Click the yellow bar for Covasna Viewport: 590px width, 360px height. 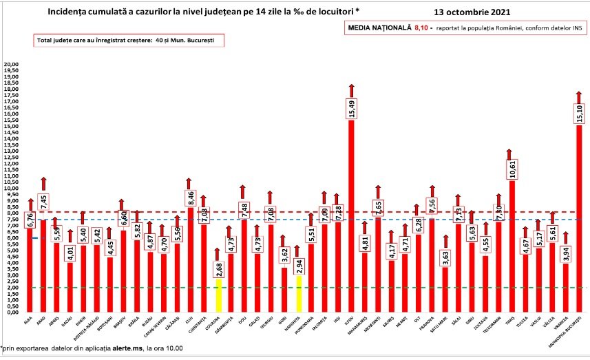(218, 295)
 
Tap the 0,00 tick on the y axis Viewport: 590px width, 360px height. (11, 313)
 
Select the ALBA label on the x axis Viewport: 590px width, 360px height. (29, 319)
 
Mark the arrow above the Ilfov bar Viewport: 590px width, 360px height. (351, 89)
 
